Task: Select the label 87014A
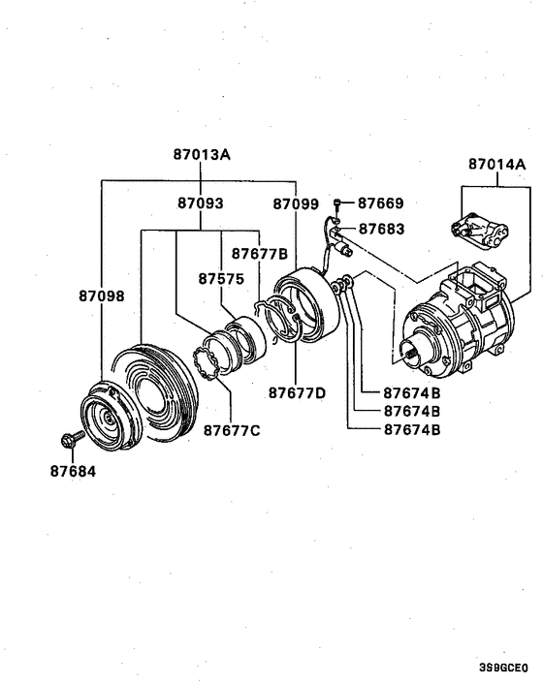tap(496, 165)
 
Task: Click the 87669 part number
tap(380, 203)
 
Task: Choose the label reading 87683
tap(380, 229)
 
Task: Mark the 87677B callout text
tap(259, 254)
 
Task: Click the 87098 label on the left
tap(102, 295)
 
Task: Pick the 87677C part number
tap(232, 429)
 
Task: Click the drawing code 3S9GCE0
tap(503, 668)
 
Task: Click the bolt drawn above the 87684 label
tap(71, 440)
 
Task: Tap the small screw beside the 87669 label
tap(336, 203)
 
